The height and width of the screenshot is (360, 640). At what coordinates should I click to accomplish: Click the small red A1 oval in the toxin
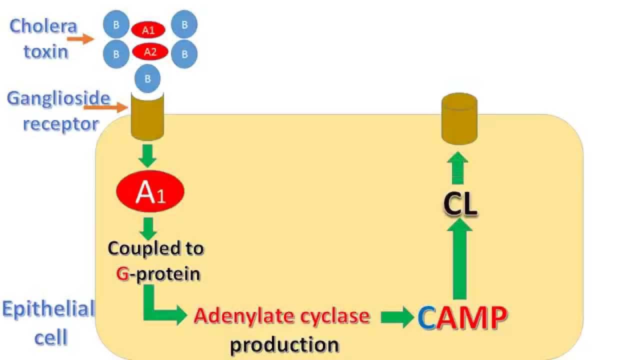[x=148, y=30]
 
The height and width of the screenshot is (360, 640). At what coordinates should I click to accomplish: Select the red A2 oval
[x=149, y=51]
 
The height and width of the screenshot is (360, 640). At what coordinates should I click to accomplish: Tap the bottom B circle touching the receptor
[x=147, y=79]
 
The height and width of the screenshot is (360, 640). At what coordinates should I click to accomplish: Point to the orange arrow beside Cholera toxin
[x=80, y=39]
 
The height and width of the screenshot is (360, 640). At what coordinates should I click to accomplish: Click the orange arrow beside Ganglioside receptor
[x=105, y=107]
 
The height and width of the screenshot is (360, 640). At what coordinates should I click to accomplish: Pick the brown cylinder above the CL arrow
[x=459, y=120]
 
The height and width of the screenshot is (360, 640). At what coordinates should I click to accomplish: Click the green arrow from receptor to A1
[x=147, y=155]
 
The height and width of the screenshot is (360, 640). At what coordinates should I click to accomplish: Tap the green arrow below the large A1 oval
[x=147, y=228]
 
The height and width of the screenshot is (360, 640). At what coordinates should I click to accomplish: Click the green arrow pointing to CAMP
[x=397, y=317]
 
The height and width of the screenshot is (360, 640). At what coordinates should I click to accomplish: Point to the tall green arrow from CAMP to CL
[x=459, y=260]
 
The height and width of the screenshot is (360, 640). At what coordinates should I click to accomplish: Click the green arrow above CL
[x=458, y=167]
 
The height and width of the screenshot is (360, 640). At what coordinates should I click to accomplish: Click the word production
[x=284, y=344]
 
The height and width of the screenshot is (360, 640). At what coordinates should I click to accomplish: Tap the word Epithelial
[x=48, y=309]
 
